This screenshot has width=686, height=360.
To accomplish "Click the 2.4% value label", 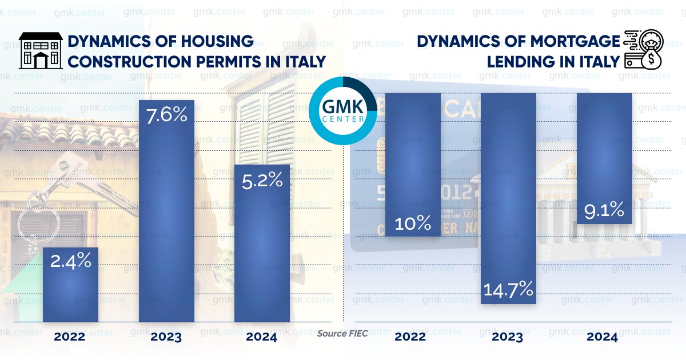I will (x=71, y=261).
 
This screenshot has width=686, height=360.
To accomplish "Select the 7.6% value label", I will (x=167, y=115).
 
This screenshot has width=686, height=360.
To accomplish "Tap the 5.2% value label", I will (x=262, y=180).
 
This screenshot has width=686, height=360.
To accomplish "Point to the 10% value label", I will (x=412, y=223).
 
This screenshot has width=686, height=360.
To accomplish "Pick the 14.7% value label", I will (x=508, y=289).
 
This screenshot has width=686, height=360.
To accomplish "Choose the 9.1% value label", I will (x=604, y=211).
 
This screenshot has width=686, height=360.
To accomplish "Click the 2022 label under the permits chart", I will (x=70, y=337).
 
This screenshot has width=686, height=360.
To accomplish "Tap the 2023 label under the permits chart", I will (x=166, y=337).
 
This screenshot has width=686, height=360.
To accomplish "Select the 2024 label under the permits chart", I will (x=261, y=337).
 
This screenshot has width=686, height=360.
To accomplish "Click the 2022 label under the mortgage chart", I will (x=410, y=337).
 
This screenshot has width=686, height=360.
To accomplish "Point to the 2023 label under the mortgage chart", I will (x=507, y=337).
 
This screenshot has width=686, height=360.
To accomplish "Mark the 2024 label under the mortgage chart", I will (x=602, y=337).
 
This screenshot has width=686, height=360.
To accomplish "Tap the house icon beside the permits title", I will (x=41, y=50).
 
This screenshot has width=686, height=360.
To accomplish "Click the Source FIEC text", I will (x=342, y=333).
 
